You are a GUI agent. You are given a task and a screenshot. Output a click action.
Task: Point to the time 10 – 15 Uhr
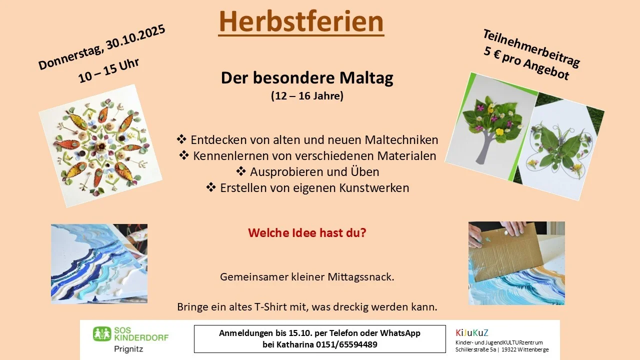point(108,70)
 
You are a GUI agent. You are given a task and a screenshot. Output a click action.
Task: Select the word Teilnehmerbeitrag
point(531,48)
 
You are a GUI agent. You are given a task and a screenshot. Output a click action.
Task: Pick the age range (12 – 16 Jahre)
point(307,95)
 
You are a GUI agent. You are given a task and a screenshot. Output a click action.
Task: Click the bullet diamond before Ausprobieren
point(241,171)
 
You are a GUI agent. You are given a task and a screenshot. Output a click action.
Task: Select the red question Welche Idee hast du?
point(307,232)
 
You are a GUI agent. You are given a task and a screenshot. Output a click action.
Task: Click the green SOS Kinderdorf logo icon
point(102,334)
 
